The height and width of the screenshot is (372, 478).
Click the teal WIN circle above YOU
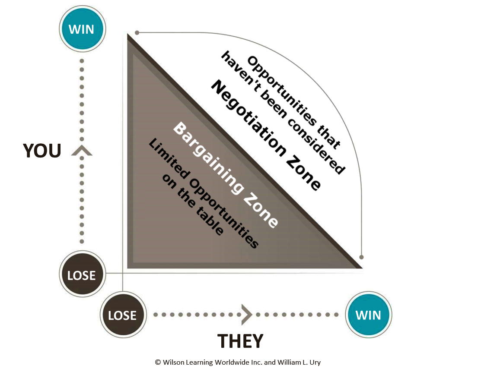coord(82,29)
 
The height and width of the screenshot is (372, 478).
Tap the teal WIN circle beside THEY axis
coord(368,315)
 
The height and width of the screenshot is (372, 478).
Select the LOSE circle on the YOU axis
coord(82,274)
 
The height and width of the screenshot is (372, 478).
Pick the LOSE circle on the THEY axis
coord(122,315)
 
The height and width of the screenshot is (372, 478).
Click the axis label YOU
coord(42,151)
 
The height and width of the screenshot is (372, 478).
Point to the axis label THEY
coord(240,341)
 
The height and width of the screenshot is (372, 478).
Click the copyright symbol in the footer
coord(158,363)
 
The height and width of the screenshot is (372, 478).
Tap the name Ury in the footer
coord(315,363)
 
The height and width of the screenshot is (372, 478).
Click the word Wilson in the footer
coord(175,363)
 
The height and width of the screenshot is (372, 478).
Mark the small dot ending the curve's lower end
coord(362,257)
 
